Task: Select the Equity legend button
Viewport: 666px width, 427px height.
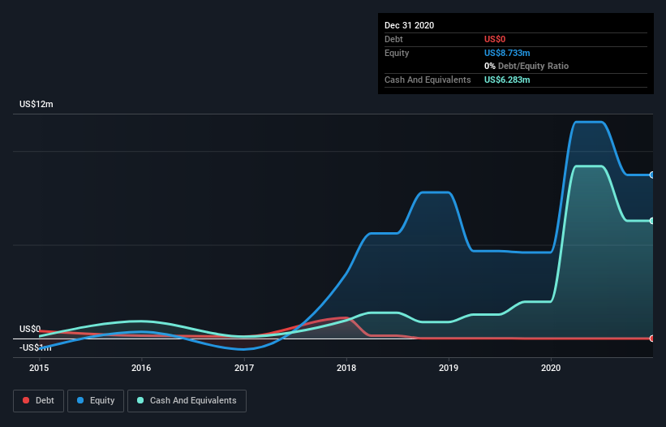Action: [96, 400]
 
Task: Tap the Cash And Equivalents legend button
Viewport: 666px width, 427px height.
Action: [187, 400]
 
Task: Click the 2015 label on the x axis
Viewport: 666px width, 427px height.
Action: [39, 368]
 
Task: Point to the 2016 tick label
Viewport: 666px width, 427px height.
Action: [141, 368]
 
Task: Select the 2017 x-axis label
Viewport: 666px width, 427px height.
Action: [244, 368]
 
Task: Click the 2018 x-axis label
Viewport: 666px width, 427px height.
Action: [346, 368]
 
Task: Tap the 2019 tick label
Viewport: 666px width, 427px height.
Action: [449, 368]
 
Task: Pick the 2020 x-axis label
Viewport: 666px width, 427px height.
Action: [552, 368]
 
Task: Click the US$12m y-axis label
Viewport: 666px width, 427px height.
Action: [37, 105]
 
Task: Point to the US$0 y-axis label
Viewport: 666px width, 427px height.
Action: [30, 329]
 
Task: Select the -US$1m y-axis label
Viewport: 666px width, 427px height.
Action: [33, 347]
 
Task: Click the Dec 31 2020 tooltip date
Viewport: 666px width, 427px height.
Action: [409, 25]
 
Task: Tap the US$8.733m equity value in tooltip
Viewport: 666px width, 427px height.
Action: [507, 53]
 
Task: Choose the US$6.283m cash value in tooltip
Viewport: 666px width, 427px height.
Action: [507, 80]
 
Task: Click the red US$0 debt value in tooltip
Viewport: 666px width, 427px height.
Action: [496, 39]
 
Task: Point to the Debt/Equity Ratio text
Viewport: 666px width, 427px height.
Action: [531, 66]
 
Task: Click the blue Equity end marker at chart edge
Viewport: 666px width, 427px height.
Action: [652, 175]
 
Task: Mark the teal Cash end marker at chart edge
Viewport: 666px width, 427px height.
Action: [652, 221]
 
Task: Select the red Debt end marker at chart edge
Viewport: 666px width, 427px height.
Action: [652, 338]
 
